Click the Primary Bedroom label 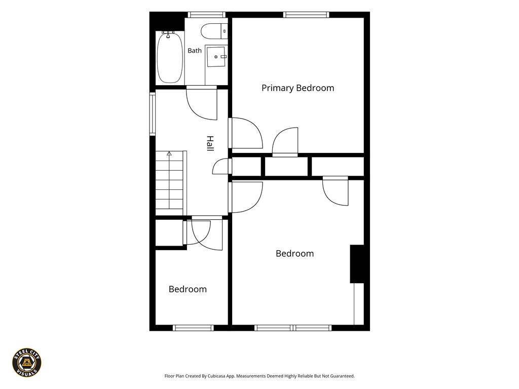point(298,88)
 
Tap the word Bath point(195,51)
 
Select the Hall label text point(210,143)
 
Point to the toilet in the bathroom point(214,31)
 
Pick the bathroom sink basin point(216,57)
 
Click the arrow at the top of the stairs point(169,153)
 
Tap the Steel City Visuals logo point(27,363)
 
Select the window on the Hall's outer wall point(152,114)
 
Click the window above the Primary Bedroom point(306,15)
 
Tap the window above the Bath point(207,15)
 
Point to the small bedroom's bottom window point(193,328)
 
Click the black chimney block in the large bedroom point(357,264)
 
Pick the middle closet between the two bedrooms point(287,166)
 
